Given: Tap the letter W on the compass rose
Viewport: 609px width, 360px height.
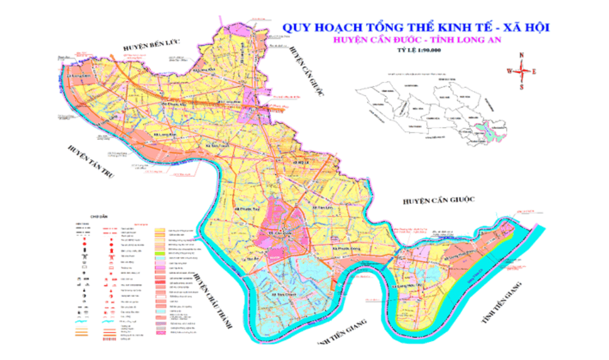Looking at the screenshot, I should (x=509, y=70).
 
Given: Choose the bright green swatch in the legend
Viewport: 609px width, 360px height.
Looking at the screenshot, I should (x=161, y=253).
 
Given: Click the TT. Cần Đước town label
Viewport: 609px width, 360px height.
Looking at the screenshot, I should (x=277, y=233).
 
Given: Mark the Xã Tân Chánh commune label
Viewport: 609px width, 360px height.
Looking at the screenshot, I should (x=280, y=295).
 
